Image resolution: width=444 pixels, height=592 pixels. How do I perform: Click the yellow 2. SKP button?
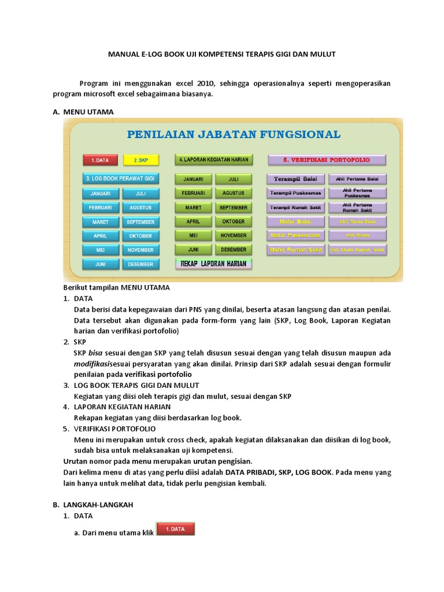140,160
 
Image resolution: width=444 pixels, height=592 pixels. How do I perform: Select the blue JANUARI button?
101,194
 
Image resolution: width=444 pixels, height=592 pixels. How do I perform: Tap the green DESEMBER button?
234,250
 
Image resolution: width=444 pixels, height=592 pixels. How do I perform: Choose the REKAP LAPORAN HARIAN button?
214,264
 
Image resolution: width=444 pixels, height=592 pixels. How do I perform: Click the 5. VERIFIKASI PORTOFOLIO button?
327,160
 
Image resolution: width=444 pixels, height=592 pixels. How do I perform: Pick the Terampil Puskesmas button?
295,193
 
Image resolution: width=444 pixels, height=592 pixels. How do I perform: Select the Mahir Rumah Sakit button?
295,250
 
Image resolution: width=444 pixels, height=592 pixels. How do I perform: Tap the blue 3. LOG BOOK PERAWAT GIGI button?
120,179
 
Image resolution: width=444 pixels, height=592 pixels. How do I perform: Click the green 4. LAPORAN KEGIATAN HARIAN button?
214,160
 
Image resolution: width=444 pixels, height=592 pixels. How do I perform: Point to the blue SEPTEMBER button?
140,222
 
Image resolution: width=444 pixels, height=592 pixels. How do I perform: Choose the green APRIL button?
193,221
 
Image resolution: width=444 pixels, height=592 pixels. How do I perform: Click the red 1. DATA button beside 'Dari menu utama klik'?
175,529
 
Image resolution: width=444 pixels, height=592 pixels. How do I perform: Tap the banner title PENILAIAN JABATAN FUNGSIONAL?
234,135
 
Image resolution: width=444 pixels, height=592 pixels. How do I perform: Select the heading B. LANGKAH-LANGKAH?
93,504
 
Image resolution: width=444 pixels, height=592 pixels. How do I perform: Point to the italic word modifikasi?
93,364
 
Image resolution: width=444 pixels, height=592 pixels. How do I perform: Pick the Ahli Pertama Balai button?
357,179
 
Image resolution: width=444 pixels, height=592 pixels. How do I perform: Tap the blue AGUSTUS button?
140,208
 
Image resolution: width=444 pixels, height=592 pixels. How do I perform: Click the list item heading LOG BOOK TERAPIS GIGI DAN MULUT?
136,385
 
